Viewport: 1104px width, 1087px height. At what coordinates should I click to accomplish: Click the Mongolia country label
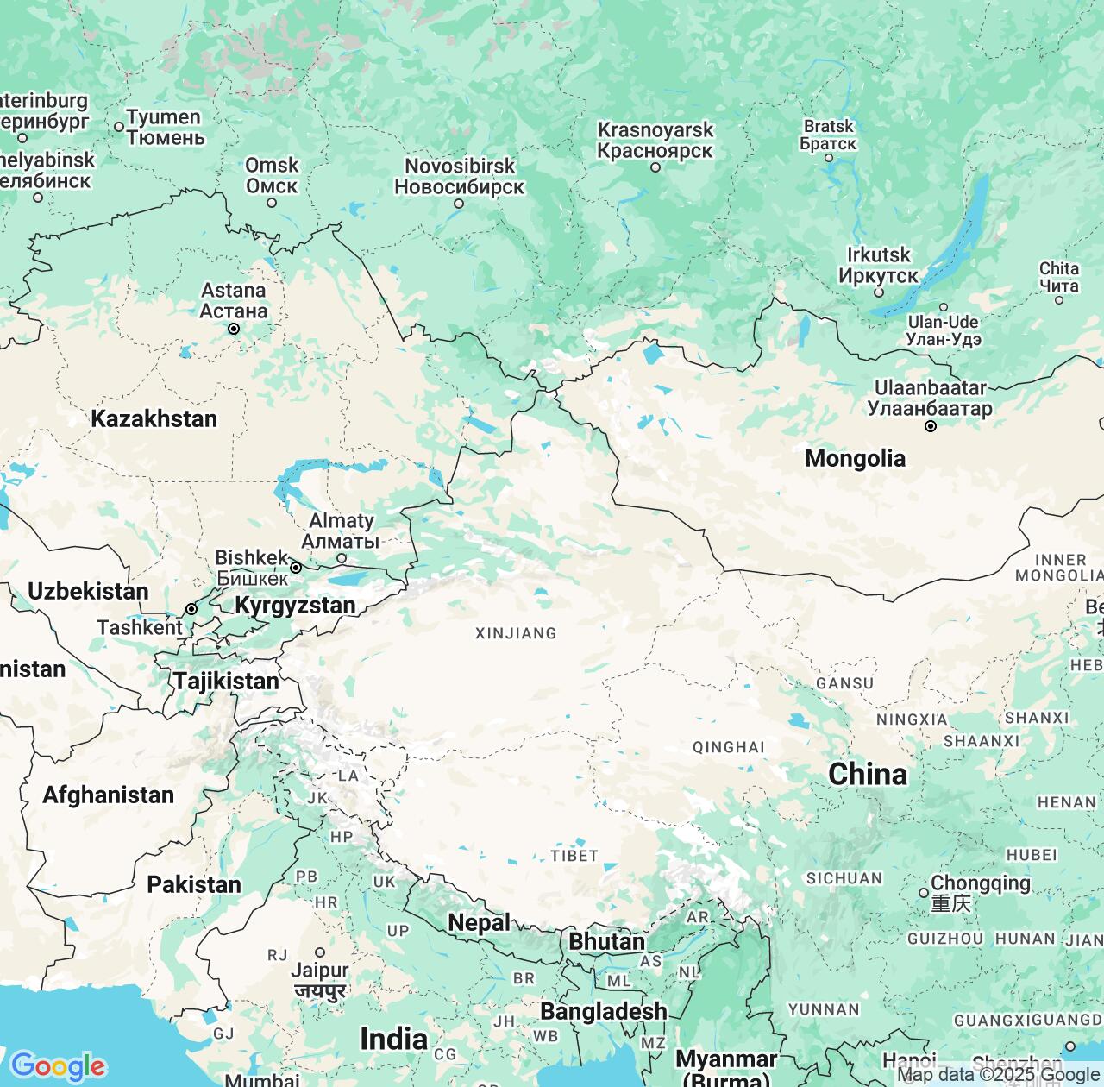pos(855,458)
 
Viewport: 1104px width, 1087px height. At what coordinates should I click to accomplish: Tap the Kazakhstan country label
pos(154,418)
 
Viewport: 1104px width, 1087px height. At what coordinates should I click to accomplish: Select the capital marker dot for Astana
pos(233,329)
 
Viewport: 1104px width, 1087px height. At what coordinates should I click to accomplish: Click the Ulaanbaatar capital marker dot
pos(931,426)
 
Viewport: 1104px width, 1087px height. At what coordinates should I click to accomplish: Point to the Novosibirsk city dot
pos(459,204)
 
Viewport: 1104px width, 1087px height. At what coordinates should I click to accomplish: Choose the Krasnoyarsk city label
pos(655,140)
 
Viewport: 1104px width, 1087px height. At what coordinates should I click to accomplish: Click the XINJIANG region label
pos(516,633)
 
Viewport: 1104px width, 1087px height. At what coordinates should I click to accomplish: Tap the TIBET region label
pos(574,855)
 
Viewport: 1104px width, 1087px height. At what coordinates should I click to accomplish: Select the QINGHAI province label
pos(729,747)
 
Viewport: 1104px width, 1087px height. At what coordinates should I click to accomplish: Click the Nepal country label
pos(479,922)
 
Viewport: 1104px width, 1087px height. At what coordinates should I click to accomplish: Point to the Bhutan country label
pos(606,941)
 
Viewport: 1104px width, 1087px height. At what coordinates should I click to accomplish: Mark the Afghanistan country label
pos(109,795)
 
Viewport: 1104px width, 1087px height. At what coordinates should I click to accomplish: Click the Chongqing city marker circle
pos(924,892)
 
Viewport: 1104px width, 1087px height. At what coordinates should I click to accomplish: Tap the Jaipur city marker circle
pos(320,952)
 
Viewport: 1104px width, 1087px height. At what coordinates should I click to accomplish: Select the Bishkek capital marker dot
pos(296,568)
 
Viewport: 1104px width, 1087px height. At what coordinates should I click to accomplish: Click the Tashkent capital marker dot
pos(191,609)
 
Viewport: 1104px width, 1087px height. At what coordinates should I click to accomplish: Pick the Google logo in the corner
pos(58,1066)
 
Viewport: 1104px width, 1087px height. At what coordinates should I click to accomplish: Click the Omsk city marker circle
pos(272,203)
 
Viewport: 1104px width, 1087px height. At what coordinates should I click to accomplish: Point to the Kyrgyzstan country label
pos(295,606)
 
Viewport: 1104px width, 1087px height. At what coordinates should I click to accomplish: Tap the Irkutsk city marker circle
pos(879,292)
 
